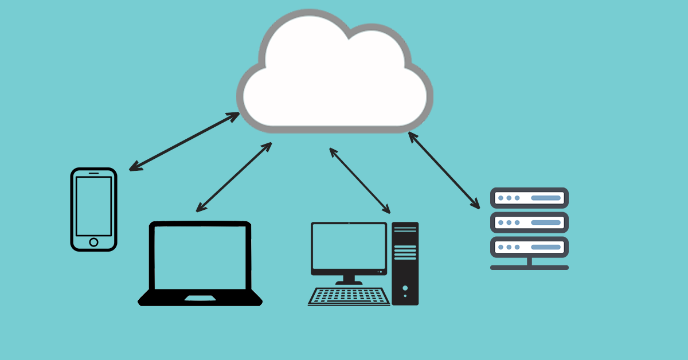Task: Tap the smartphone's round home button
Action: pos(93,242)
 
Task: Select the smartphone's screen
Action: pos(93,205)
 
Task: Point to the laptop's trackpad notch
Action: pos(200,298)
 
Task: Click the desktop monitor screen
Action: pos(349,248)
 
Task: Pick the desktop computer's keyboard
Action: pos(349,296)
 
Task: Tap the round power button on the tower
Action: pos(405,287)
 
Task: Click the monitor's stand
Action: pos(349,280)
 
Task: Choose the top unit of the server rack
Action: pos(529,198)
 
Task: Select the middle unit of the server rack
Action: pos(529,222)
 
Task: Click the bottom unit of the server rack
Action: pos(529,247)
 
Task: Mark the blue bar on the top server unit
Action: pos(545,198)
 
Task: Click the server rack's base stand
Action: pos(529,267)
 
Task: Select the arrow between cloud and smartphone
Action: pos(184,141)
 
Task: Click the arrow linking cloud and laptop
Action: pos(233,177)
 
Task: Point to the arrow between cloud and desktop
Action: pos(359,180)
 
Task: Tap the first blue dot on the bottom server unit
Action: pos(501,247)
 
